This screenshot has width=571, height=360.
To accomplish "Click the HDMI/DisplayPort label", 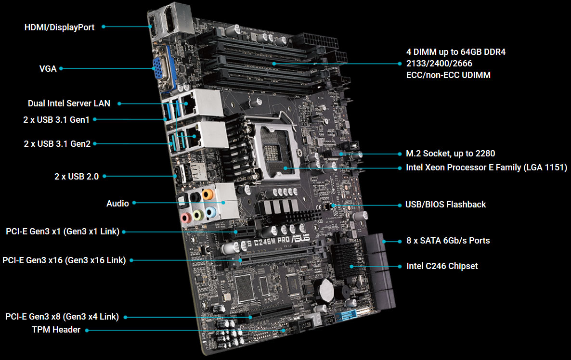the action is click(59, 27).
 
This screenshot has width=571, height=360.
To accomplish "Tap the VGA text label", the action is click(48, 69).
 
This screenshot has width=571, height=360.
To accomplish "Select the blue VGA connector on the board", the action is click(161, 69).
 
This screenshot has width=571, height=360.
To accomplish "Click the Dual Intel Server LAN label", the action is click(69, 103).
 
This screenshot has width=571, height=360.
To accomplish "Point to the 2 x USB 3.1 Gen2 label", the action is click(57, 144).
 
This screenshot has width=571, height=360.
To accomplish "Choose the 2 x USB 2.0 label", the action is click(77, 177).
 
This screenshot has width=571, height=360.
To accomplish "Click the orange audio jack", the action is click(208, 194).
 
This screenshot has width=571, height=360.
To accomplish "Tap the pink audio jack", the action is click(186, 218).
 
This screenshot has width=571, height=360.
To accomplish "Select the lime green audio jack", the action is click(198, 215).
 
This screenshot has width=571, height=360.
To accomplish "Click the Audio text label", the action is click(117, 204).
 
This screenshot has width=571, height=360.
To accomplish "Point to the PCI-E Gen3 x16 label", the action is click(64, 260).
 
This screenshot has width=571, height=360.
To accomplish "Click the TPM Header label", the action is click(56, 330).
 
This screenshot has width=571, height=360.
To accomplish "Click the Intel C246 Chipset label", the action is click(442, 266).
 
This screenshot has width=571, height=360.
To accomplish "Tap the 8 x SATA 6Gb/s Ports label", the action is click(448, 241).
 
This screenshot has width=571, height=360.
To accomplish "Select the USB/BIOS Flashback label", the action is click(445, 205).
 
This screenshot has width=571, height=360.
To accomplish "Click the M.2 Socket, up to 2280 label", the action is click(451, 154).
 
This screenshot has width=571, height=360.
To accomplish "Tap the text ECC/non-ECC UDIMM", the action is click(448, 75).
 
